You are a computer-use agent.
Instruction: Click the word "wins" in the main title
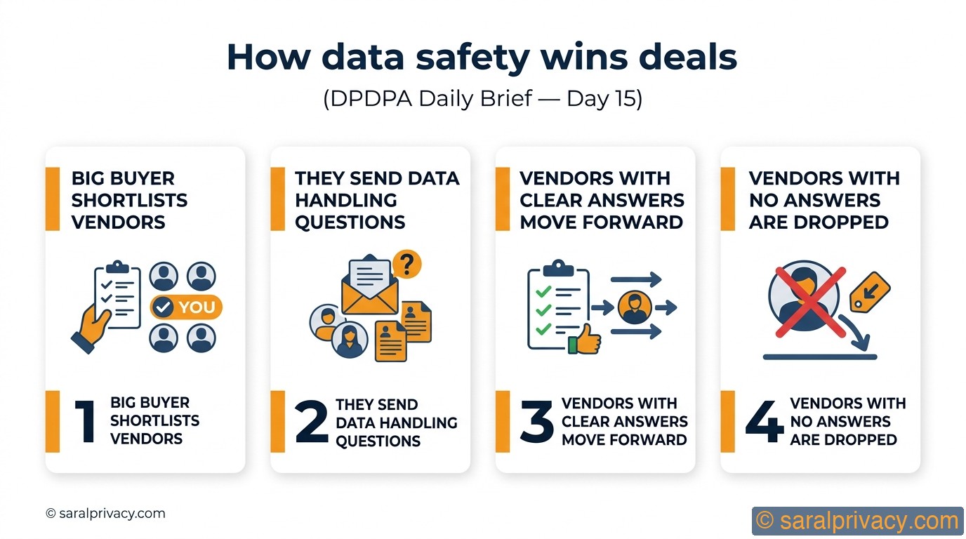[583, 58]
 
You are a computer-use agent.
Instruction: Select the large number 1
[85, 421]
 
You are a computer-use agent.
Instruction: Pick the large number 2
[311, 422]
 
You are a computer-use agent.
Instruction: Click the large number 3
[537, 422]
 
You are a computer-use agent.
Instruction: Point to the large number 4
[764, 422]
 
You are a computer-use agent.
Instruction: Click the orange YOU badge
[187, 307]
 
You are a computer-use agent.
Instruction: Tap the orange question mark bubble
[406, 265]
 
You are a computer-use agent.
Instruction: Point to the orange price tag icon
[870, 291]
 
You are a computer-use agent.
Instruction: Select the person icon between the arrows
[635, 307]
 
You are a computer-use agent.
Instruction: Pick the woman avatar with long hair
[349, 340]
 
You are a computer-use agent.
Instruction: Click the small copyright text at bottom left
[106, 514]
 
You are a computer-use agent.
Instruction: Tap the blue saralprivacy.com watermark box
[857, 521]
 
